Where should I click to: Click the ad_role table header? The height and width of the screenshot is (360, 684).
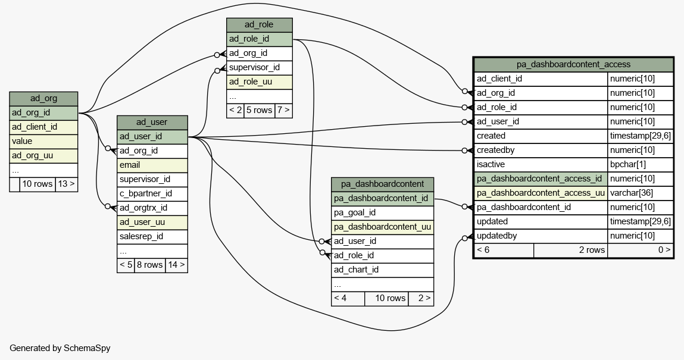[259, 25]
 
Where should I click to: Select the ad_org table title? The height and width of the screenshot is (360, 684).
[43, 99]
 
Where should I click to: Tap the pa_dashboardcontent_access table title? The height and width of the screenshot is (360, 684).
[573, 64]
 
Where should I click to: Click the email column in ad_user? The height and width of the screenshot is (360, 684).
[152, 165]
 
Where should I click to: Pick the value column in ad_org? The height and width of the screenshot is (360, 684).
[43, 141]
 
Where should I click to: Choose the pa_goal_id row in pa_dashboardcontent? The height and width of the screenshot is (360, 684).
[383, 212]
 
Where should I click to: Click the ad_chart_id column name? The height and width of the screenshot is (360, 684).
[357, 270]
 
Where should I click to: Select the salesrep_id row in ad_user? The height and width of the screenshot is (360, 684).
[152, 236]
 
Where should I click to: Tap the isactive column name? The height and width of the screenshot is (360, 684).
[491, 164]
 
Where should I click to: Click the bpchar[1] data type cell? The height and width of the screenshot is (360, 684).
[627, 164]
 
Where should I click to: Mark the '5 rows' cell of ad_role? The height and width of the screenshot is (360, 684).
[259, 110]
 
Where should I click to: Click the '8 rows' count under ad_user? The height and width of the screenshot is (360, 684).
[150, 265]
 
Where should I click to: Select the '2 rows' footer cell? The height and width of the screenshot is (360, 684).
[570, 250]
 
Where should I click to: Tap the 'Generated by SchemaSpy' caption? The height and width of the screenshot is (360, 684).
[60, 348]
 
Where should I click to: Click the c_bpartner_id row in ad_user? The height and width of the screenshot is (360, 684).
[152, 193]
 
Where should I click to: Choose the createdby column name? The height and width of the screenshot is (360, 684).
[495, 150]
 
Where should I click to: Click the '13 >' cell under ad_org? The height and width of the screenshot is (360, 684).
[66, 184]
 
